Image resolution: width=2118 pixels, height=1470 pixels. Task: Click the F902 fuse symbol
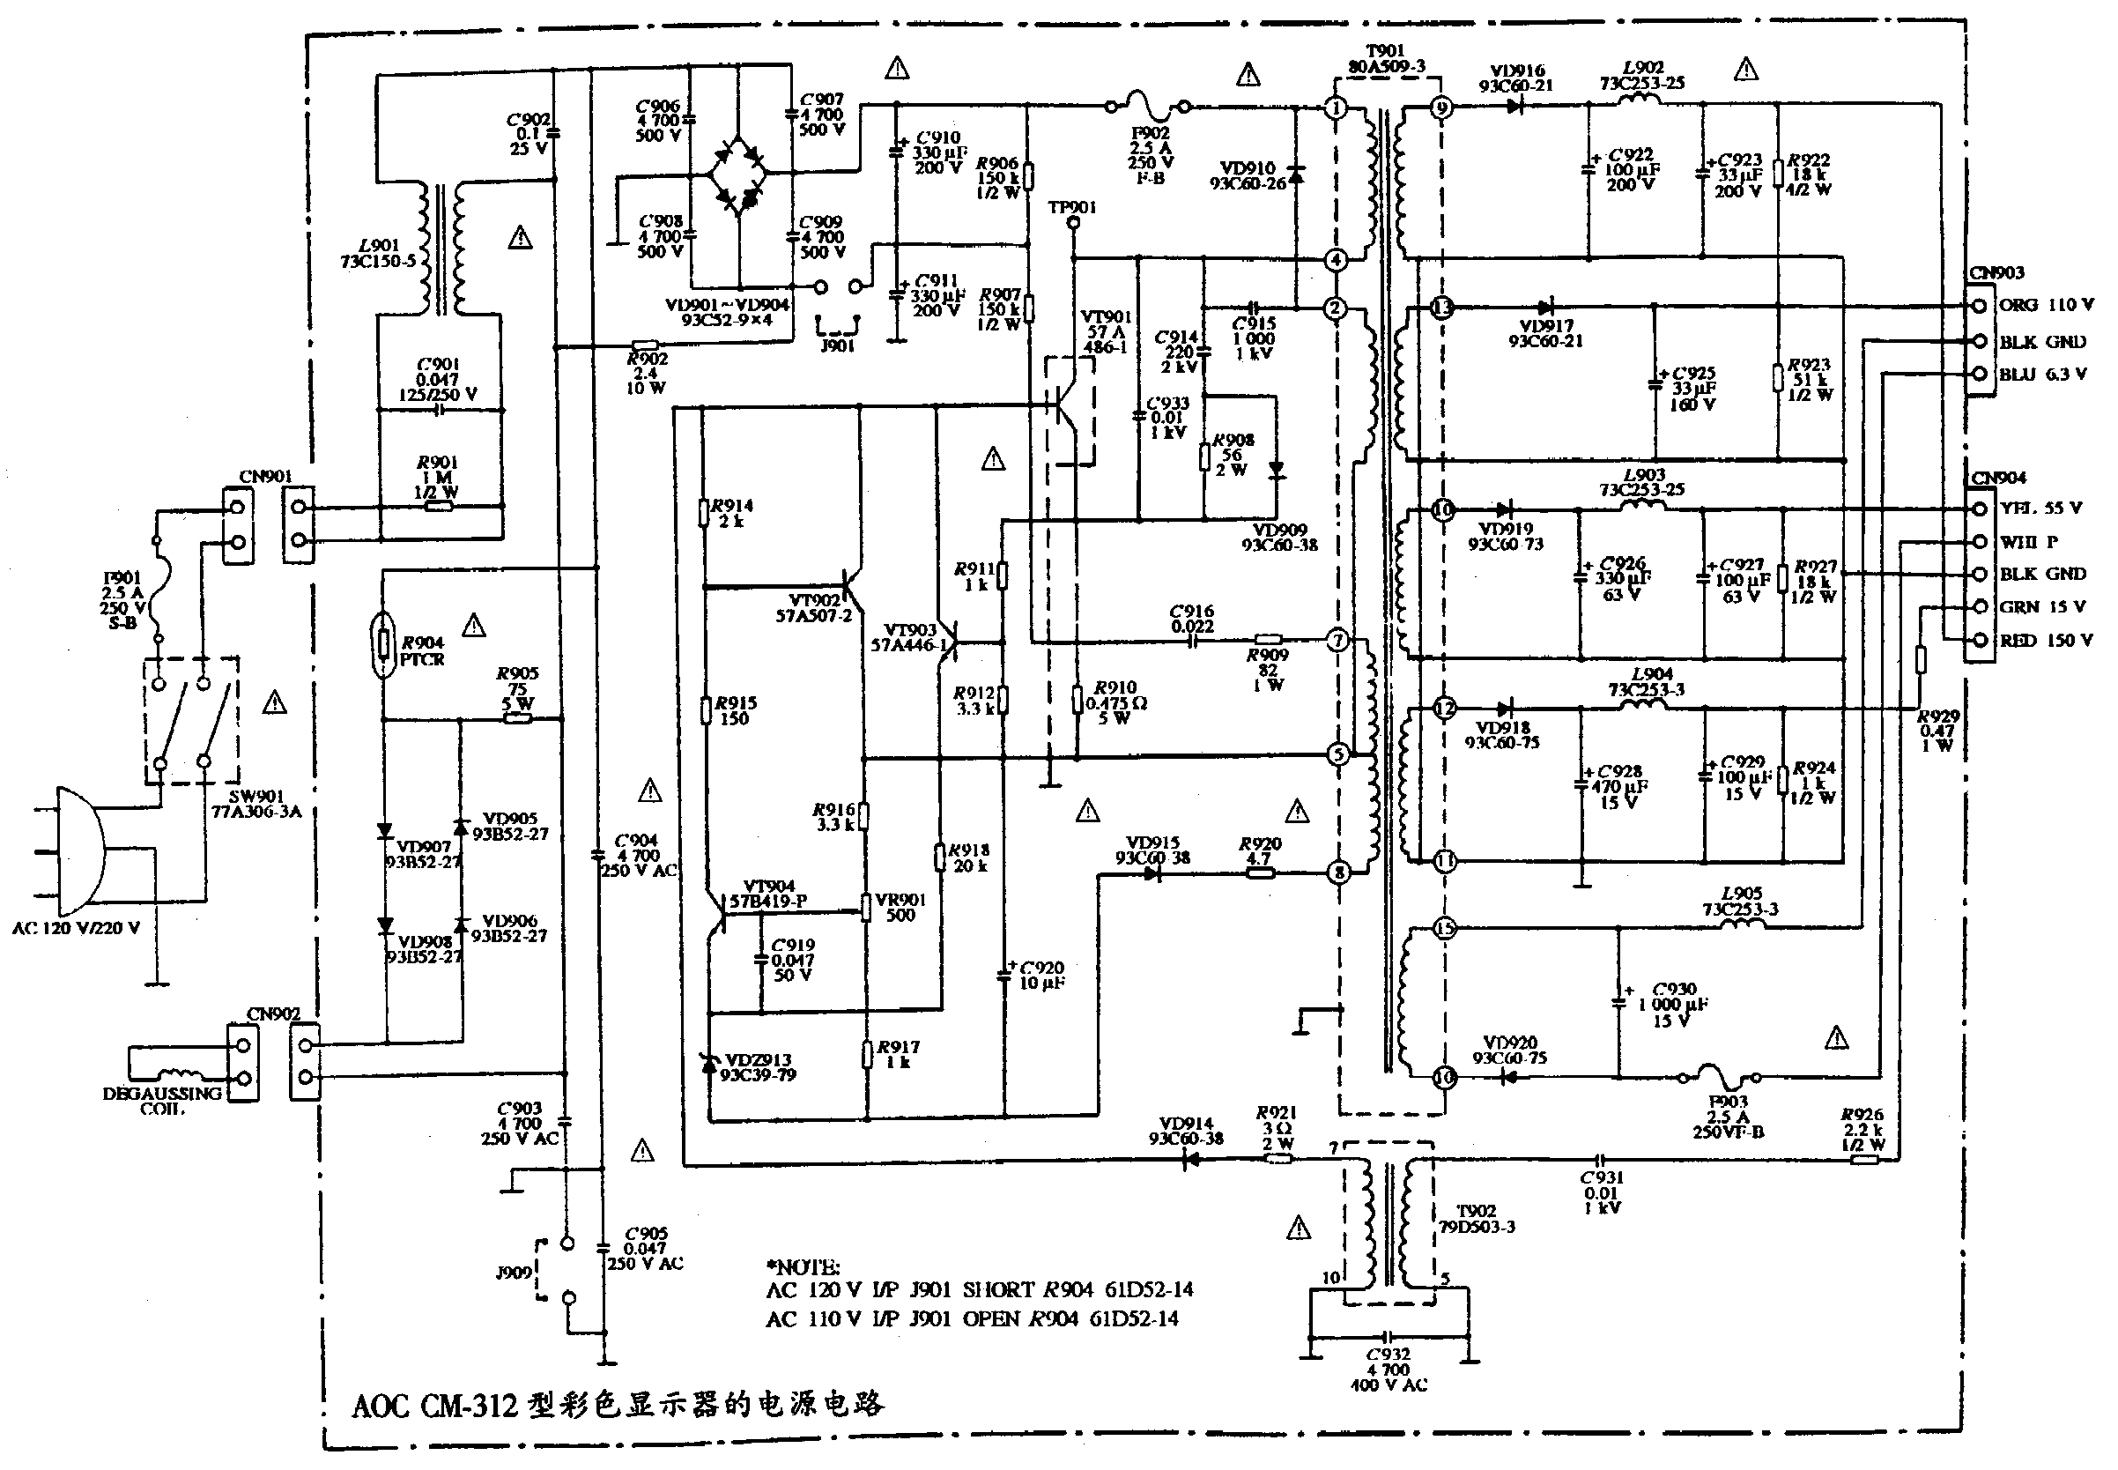coord(1147,107)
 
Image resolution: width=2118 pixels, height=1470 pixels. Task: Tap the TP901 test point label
coord(1072,208)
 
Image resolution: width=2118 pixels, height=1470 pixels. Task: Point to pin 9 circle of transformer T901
coord(1442,108)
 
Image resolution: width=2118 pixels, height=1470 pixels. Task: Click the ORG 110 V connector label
coord(2045,305)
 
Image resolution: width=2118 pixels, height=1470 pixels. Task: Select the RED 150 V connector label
coord(2045,640)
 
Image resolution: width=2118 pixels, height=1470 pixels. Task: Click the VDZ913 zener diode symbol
coord(709,1065)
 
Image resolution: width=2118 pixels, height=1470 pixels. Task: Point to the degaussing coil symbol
coord(181,1075)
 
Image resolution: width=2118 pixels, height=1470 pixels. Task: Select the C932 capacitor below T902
coord(1389,1335)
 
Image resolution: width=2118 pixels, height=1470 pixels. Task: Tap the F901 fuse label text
coord(122,578)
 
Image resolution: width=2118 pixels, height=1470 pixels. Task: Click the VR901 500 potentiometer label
coord(900,907)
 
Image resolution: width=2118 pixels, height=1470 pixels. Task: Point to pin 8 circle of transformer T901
coord(1338,872)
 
